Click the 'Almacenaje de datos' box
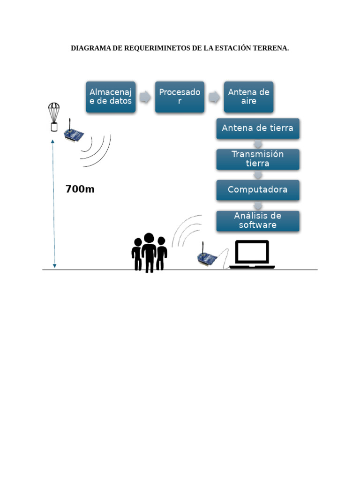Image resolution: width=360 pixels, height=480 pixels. point(111,97)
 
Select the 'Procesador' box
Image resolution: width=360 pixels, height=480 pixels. point(180,97)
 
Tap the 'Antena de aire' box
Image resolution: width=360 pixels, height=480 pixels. point(248,97)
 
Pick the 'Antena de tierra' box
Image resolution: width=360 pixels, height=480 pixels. point(257,128)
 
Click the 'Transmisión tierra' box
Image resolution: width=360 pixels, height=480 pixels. point(257,159)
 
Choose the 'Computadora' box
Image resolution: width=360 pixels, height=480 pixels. point(257,190)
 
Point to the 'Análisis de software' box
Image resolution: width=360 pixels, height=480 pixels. point(257,221)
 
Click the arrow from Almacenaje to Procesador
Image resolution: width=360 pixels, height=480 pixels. point(145,97)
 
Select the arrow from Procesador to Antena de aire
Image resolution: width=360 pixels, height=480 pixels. point(214,97)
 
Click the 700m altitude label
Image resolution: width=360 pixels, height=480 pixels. point(80,189)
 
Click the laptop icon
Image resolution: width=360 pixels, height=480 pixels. point(252,255)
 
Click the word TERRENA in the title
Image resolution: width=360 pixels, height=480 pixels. point(271,48)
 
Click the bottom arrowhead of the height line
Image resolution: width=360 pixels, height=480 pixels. point(54,266)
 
